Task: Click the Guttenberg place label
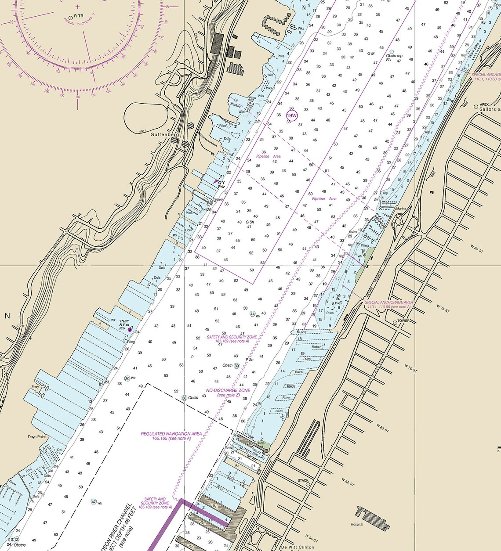tap(162, 134)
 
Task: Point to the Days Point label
tap(37, 437)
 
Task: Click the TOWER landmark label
tap(403, 321)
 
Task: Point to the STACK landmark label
tap(303, 480)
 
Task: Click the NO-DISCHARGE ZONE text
tap(228, 390)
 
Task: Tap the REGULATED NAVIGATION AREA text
tap(171, 433)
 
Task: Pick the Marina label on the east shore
tap(400, 209)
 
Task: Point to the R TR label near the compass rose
tap(79, 16)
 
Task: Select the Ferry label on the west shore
tap(35, 387)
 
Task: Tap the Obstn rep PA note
tap(394, 58)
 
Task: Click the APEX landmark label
tap(484, 104)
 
